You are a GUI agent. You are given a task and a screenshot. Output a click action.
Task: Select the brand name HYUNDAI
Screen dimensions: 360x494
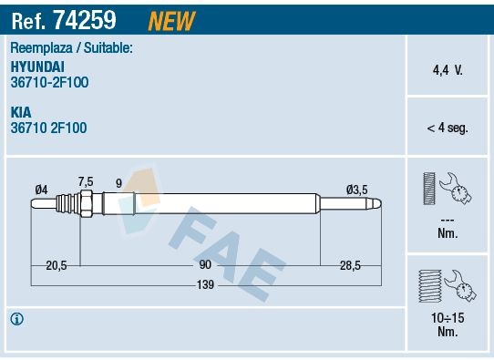(37, 67)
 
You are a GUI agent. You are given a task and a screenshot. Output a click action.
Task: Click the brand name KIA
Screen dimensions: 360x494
(21, 113)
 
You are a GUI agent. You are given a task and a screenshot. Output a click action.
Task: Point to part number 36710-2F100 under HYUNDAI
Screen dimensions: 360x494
(49, 82)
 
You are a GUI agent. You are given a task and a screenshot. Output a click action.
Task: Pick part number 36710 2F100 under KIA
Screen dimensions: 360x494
(49, 129)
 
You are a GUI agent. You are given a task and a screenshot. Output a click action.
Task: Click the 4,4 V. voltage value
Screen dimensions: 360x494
(448, 68)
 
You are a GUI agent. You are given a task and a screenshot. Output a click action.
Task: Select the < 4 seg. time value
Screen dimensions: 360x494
(448, 128)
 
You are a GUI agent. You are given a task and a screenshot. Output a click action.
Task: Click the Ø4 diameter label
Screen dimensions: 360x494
(41, 189)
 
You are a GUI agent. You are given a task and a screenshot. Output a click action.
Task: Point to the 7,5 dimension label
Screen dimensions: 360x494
(86, 180)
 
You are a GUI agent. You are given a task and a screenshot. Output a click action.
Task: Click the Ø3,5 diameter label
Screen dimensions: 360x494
(356, 189)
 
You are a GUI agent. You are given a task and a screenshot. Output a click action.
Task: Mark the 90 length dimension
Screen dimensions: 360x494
(204, 264)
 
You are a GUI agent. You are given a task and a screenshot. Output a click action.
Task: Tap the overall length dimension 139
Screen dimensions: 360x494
(204, 284)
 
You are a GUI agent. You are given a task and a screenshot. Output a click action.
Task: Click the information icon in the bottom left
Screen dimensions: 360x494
(16, 319)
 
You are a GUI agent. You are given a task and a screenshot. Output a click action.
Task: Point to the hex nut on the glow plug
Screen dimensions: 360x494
(86, 204)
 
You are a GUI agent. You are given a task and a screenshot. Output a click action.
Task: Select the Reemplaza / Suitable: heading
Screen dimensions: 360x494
(72, 47)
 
